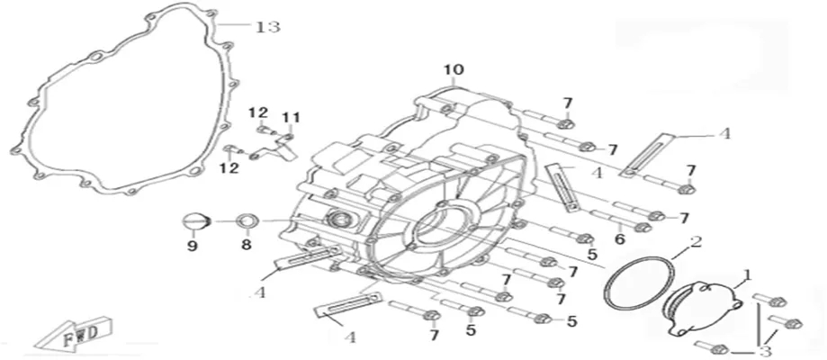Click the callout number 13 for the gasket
click(267, 26)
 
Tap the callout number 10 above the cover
click(454, 69)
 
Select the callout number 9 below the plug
click(192, 246)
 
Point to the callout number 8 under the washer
click(247, 245)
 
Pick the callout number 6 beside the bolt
click(619, 239)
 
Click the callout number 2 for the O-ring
click(697, 242)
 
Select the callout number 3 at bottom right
click(766, 351)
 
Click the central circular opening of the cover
click(442, 228)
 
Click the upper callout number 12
click(258, 112)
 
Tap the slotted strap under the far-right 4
click(647, 157)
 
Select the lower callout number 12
click(229, 168)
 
